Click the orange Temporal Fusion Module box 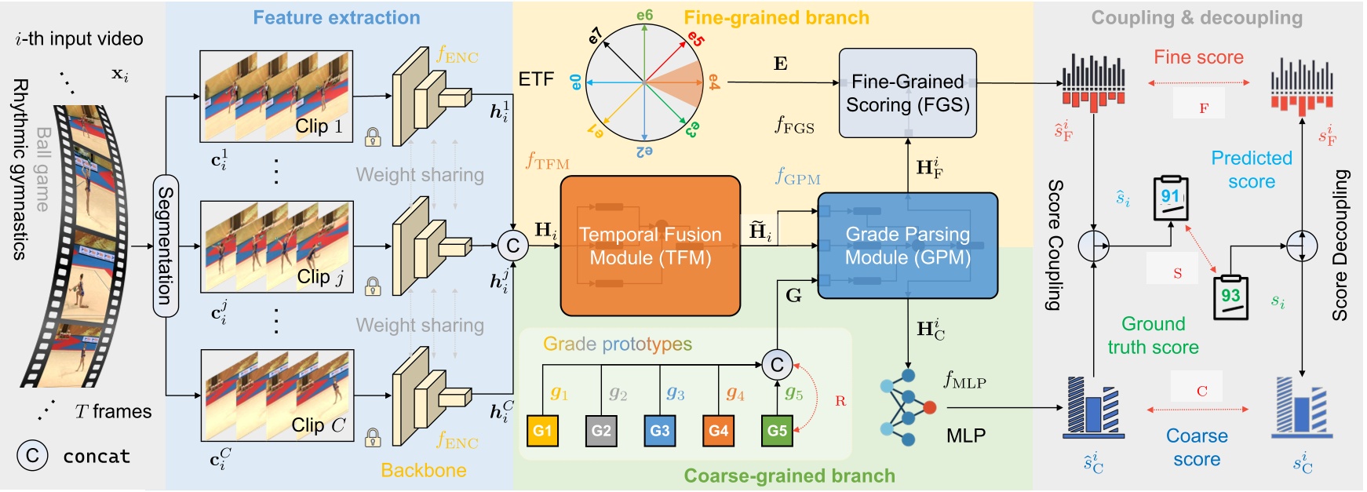(x=650, y=246)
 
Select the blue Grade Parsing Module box (x=907, y=246)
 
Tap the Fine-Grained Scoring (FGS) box (x=907, y=93)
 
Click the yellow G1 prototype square (x=542, y=431)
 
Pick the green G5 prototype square (x=777, y=431)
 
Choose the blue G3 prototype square (x=660, y=431)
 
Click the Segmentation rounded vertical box (x=166, y=246)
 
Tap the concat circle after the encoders (x=512, y=246)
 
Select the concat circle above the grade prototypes (x=777, y=364)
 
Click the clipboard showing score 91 (x=1171, y=198)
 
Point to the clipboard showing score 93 (x=1230, y=297)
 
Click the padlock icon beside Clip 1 (x=374, y=137)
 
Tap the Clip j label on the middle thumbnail (x=320, y=276)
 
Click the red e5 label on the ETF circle (x=695, y=38)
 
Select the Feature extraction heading (x=336, y=17)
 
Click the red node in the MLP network (x=930, y=407)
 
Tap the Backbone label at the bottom (x=423, y=470)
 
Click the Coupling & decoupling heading (x=1196, y=17)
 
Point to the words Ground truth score (x=1153, y=335)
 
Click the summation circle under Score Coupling (x=1093, y=246)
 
